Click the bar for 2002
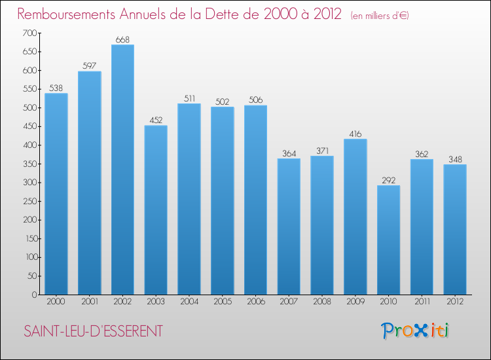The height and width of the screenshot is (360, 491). [x=122, y=170]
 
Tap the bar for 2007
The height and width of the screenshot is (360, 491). [x=289, y=226]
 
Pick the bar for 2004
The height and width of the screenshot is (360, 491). [x=189, y=199]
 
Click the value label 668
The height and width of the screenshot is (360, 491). [x=122, y=40]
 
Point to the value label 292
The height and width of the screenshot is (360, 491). [x=388, y=181]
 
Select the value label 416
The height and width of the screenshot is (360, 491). [x=355, y=134]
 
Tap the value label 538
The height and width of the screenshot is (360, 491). [x=56, y=88]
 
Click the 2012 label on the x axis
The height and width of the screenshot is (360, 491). [x=455, y=302]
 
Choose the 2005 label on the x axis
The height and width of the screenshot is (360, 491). [x=223, y=302]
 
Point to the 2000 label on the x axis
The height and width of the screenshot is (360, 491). [x=56, y=302]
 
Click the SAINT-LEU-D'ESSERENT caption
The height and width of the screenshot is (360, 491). [x=93, y=331]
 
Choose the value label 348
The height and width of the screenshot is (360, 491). [x=455, y=160]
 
